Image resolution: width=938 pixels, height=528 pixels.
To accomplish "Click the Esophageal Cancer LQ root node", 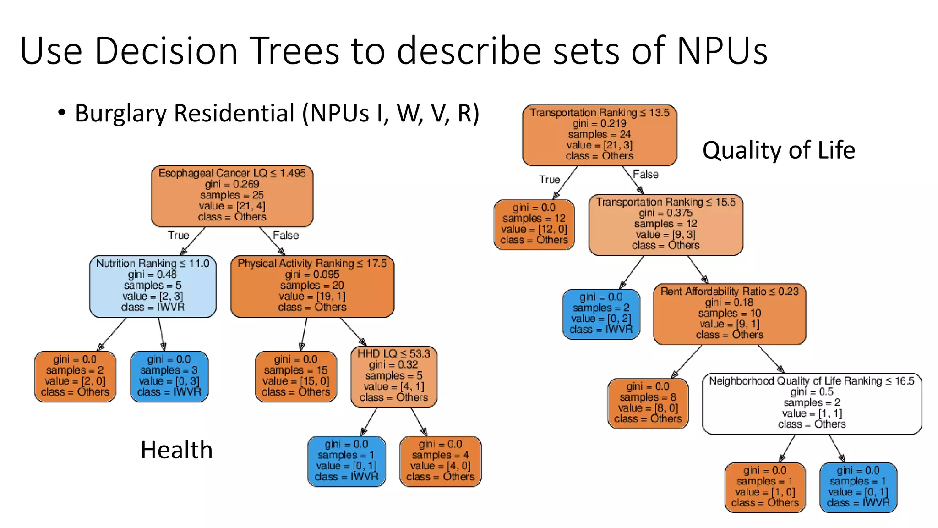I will click(x=232, y=196).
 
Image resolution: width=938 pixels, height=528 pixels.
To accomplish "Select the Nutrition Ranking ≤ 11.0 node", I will click(x=153, y=286).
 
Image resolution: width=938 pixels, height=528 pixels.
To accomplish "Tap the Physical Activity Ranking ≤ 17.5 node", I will click(x=312, y=286).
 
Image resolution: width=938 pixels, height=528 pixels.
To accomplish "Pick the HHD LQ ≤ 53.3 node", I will click(x=394, y=376).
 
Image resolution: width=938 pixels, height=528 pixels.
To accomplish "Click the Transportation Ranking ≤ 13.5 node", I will click(x=599, y=135).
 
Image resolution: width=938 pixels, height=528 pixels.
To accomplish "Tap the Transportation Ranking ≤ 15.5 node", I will click(x=665, y=224).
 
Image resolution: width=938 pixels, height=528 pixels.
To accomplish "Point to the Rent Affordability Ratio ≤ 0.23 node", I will click(x=729, y=313).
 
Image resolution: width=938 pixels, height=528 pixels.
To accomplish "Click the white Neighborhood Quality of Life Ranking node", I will click(x=812, y=403).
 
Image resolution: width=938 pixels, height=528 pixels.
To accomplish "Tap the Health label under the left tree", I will click(x=176, y=450).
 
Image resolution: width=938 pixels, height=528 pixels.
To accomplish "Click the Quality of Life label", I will click(x=779, y=150).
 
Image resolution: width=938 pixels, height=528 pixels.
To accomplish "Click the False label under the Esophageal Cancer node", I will click(x=286, y=235).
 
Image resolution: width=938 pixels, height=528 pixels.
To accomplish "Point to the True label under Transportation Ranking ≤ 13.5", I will click(x=549, y=179).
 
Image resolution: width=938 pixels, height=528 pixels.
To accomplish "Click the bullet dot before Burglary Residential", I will click(x=62, y=112).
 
